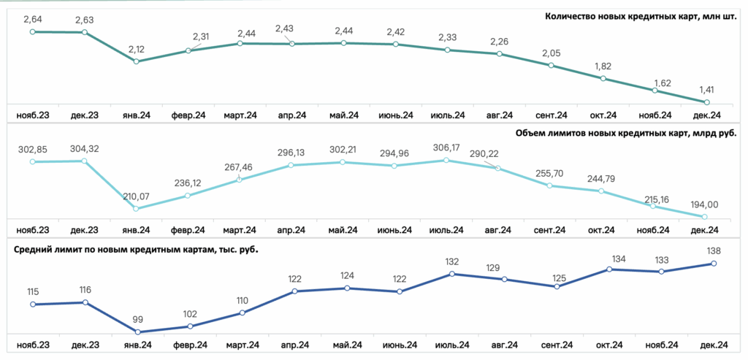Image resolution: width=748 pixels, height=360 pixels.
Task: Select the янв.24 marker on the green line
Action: click(137, 61)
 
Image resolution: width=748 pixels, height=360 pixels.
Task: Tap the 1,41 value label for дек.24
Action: click(706, 90)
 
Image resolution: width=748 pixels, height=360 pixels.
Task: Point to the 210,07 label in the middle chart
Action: click(137, 196)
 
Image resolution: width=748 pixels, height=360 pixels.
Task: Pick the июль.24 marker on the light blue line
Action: click(446, 160)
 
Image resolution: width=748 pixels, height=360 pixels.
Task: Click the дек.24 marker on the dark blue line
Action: click(714, 263)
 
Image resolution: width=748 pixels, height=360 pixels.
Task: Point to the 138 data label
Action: click(714, 250)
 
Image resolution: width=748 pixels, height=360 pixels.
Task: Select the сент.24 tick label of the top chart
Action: click(551, 115)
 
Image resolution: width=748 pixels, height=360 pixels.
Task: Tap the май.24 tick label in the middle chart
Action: click(343, 230)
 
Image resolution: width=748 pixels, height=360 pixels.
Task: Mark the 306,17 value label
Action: click(446, 148)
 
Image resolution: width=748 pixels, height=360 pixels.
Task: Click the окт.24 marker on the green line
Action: click(603, 79)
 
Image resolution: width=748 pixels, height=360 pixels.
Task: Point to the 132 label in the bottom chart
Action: click(451, 261)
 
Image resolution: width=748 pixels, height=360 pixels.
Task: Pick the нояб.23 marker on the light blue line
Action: click(32, 161)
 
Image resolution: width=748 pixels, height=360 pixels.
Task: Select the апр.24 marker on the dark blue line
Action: click(294, 291)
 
